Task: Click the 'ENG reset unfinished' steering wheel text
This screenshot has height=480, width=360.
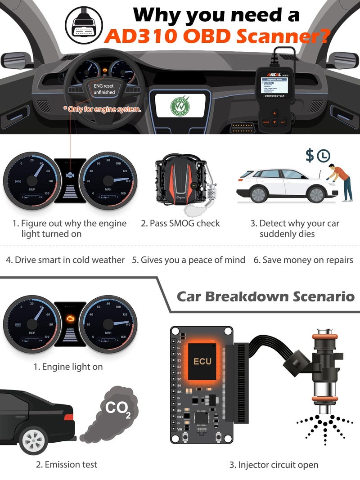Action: [104, 89]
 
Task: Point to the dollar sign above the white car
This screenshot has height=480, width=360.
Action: [310, 156]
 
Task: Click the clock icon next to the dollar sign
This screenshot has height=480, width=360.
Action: [323, 156]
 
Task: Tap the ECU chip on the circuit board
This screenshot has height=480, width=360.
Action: [202, 361]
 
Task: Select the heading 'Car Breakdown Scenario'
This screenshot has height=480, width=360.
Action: [265, 296]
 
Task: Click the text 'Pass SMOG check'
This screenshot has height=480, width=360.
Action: [180, 223]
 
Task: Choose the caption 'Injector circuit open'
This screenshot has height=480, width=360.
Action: [273, 465]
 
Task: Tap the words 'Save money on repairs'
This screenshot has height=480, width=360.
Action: [303, 260]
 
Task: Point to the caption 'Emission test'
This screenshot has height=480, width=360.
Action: [66, 464]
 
